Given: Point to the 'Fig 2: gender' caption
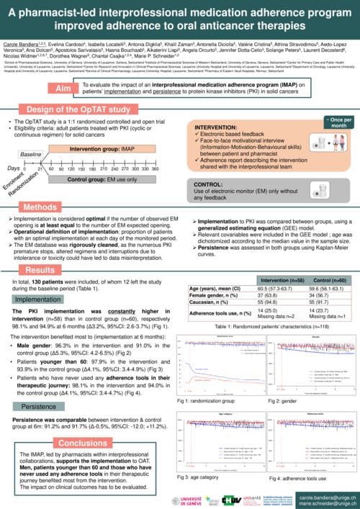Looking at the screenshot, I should click(284, 379).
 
